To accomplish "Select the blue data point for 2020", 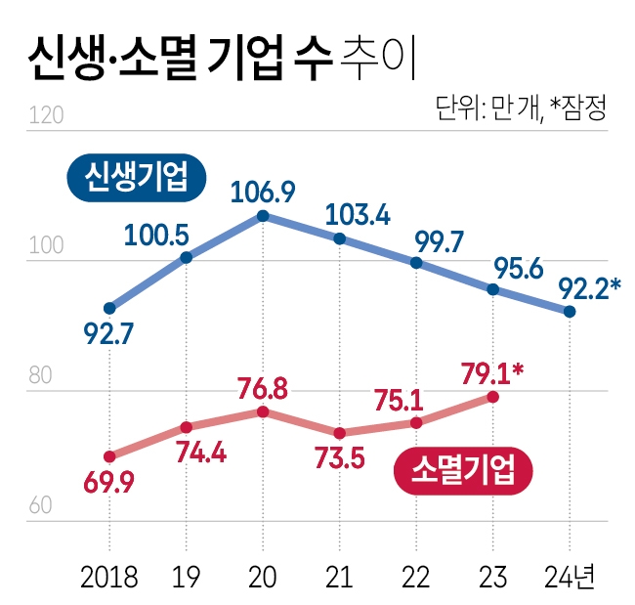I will (263, 215).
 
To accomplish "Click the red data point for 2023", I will (493, 397).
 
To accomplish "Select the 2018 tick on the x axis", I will (109, 576).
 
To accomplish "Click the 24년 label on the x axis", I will (570, 576).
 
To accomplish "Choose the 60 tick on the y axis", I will (44, 506).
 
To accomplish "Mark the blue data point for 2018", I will (109, 307).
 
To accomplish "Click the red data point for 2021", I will (340, 433).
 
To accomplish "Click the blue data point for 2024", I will (570, 312).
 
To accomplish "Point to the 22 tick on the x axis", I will (416, 576).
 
